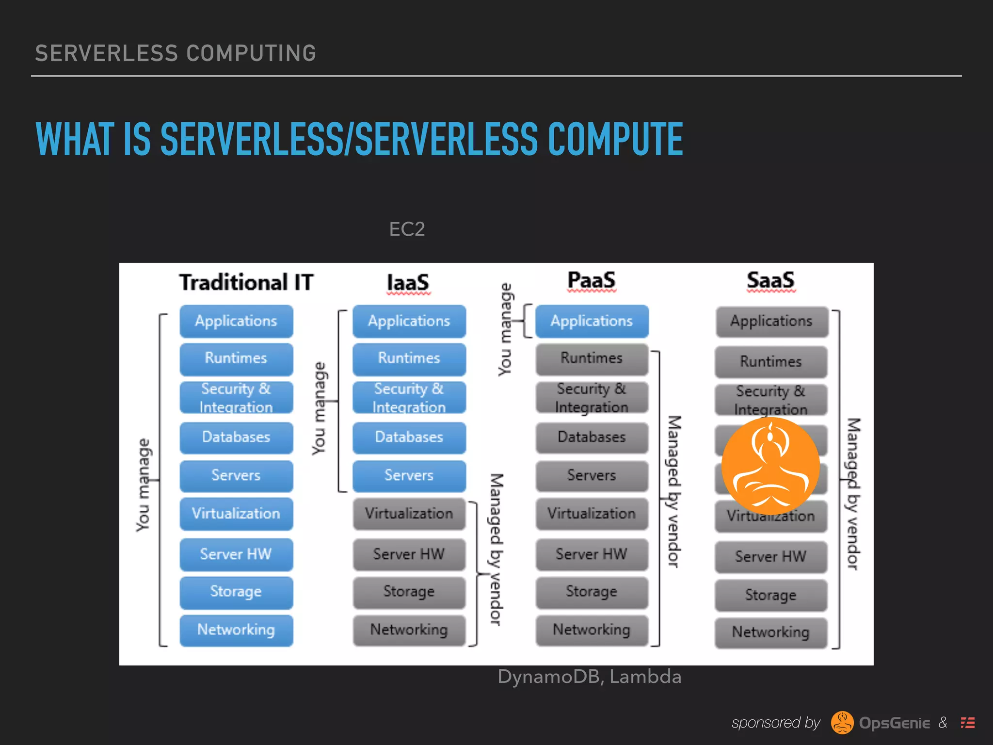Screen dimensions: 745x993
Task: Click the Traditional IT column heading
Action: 246,282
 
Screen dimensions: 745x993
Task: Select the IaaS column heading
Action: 408,282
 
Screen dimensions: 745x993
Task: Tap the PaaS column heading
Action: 592,280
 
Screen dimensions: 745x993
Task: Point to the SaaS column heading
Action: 770,280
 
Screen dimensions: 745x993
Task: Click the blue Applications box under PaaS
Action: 592,321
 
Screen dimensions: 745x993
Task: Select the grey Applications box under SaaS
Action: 771,321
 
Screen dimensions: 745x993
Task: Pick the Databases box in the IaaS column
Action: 409,437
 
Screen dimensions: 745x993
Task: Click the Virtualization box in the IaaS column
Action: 409,514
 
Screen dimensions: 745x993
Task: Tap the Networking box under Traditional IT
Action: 236,630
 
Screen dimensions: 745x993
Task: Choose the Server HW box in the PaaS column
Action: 592,554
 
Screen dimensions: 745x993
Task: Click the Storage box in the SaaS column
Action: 770,595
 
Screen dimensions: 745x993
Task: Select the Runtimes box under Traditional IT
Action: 236,358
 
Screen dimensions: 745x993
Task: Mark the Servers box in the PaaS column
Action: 592,475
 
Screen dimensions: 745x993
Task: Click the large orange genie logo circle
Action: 770,466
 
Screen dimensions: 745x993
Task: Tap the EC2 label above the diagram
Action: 407,229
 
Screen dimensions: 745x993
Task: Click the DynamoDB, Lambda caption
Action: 589,677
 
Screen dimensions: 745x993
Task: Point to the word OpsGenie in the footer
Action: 894,723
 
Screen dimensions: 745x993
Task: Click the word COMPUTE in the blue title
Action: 615,140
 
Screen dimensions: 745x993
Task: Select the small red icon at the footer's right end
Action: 968,723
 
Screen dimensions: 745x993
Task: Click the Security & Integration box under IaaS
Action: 409,398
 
